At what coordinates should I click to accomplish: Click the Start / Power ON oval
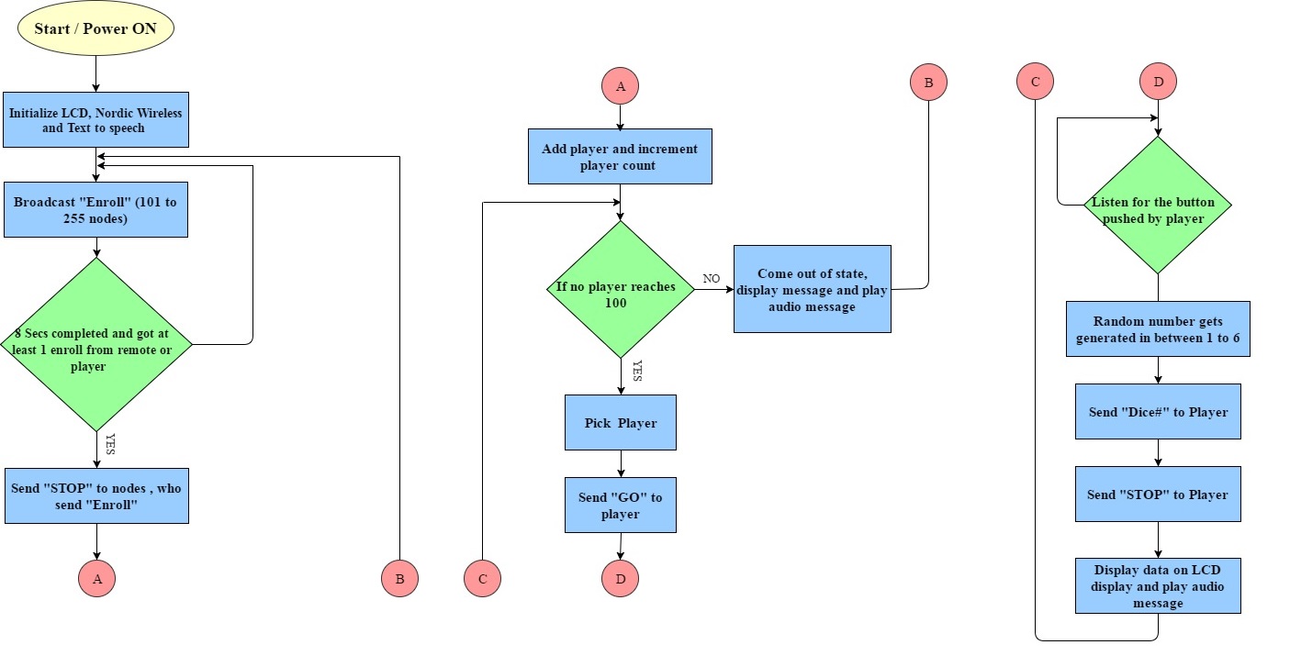pos(95,28)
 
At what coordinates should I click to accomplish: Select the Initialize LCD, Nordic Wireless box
pos(95,119)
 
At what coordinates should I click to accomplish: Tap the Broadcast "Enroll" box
pos(95,209)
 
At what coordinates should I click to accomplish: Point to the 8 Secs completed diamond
pos(96,344)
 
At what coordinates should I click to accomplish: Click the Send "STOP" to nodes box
pos(96,495)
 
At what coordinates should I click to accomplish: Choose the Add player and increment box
pos(620,157)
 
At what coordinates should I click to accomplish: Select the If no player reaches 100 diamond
pos(621,290)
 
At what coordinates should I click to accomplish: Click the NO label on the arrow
pos(712,279)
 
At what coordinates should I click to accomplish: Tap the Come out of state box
pos(812,289)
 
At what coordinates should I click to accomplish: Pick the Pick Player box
pos(621,422)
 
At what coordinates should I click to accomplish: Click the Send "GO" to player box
pos(621,505)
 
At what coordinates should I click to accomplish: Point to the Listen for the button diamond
pos(1158,205)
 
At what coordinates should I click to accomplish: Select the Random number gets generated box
pos(1158,328)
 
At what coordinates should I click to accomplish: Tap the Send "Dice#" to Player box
pos(1158,411)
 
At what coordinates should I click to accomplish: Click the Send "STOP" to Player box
pos(1158,494)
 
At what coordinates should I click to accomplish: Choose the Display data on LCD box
pos(1158,585)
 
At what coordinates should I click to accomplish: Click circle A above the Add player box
pos(621,86)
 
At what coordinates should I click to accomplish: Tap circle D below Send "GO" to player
pos(621,578)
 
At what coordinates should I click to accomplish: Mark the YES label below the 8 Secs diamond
pos(110,444)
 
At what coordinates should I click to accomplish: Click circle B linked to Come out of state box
pos(928,83)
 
